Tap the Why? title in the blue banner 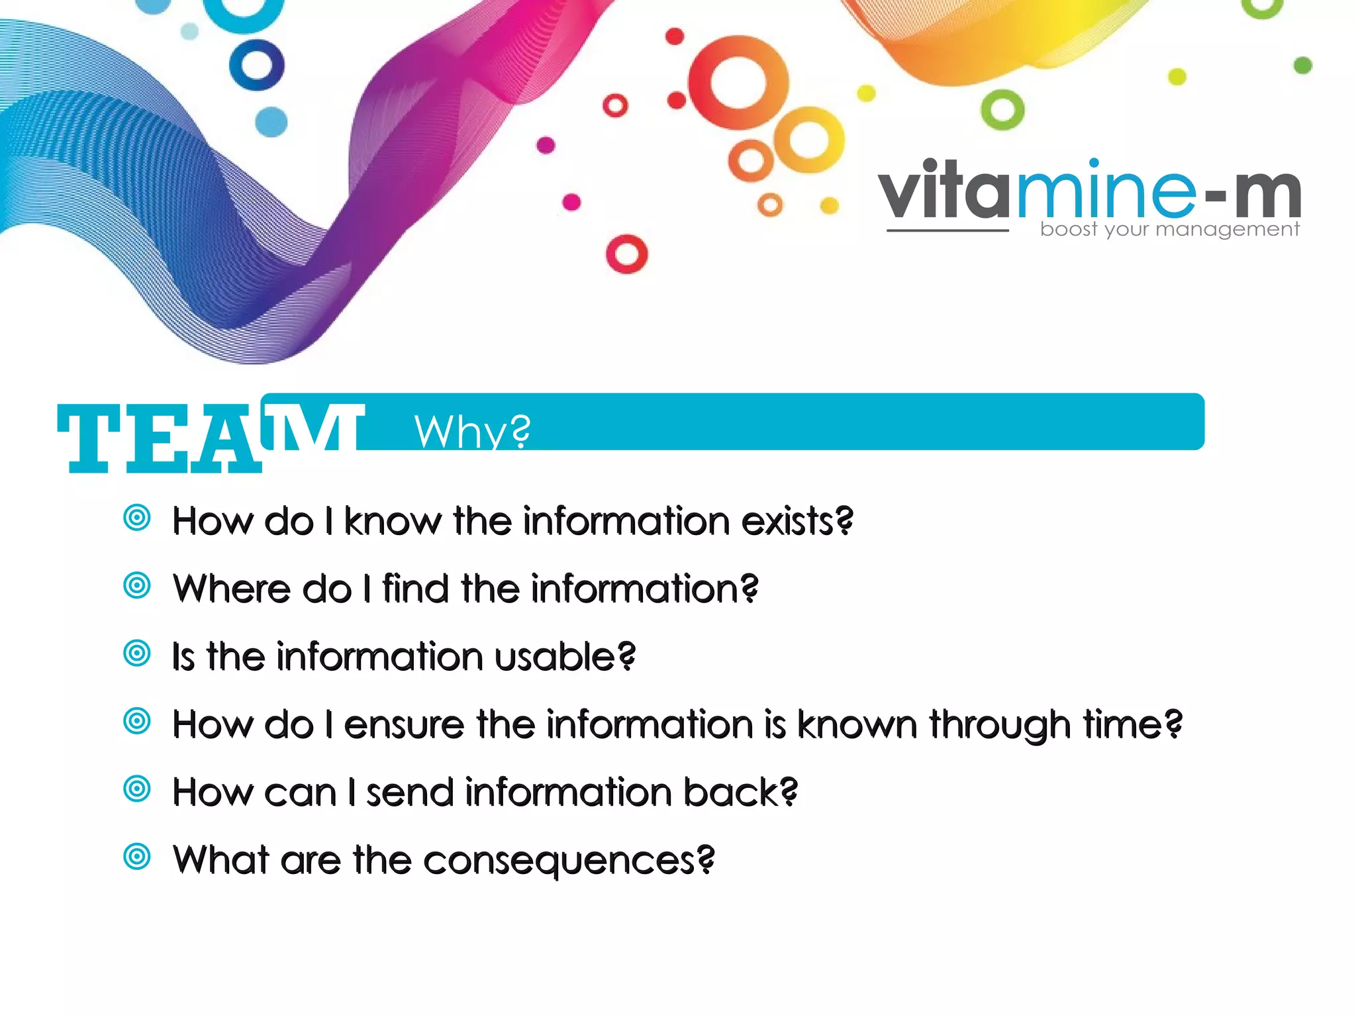(x=472, y=431)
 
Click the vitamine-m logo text (x=1089, y=192)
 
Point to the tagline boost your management (x=1169, y=229)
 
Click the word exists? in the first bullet (x=797, y=521)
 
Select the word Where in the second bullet (x=231, y=589)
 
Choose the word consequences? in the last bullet (x=569, y=861)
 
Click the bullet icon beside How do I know (x=137, y=518)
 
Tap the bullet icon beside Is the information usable (x=137, y=654)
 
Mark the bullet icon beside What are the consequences (x=137, y=857)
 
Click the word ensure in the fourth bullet (x=403, y=724)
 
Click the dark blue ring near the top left (x=257, y=65)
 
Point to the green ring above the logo (x=1002, y=109)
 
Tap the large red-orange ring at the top (x=738, y=82)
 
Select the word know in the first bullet (x=392, y=521)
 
